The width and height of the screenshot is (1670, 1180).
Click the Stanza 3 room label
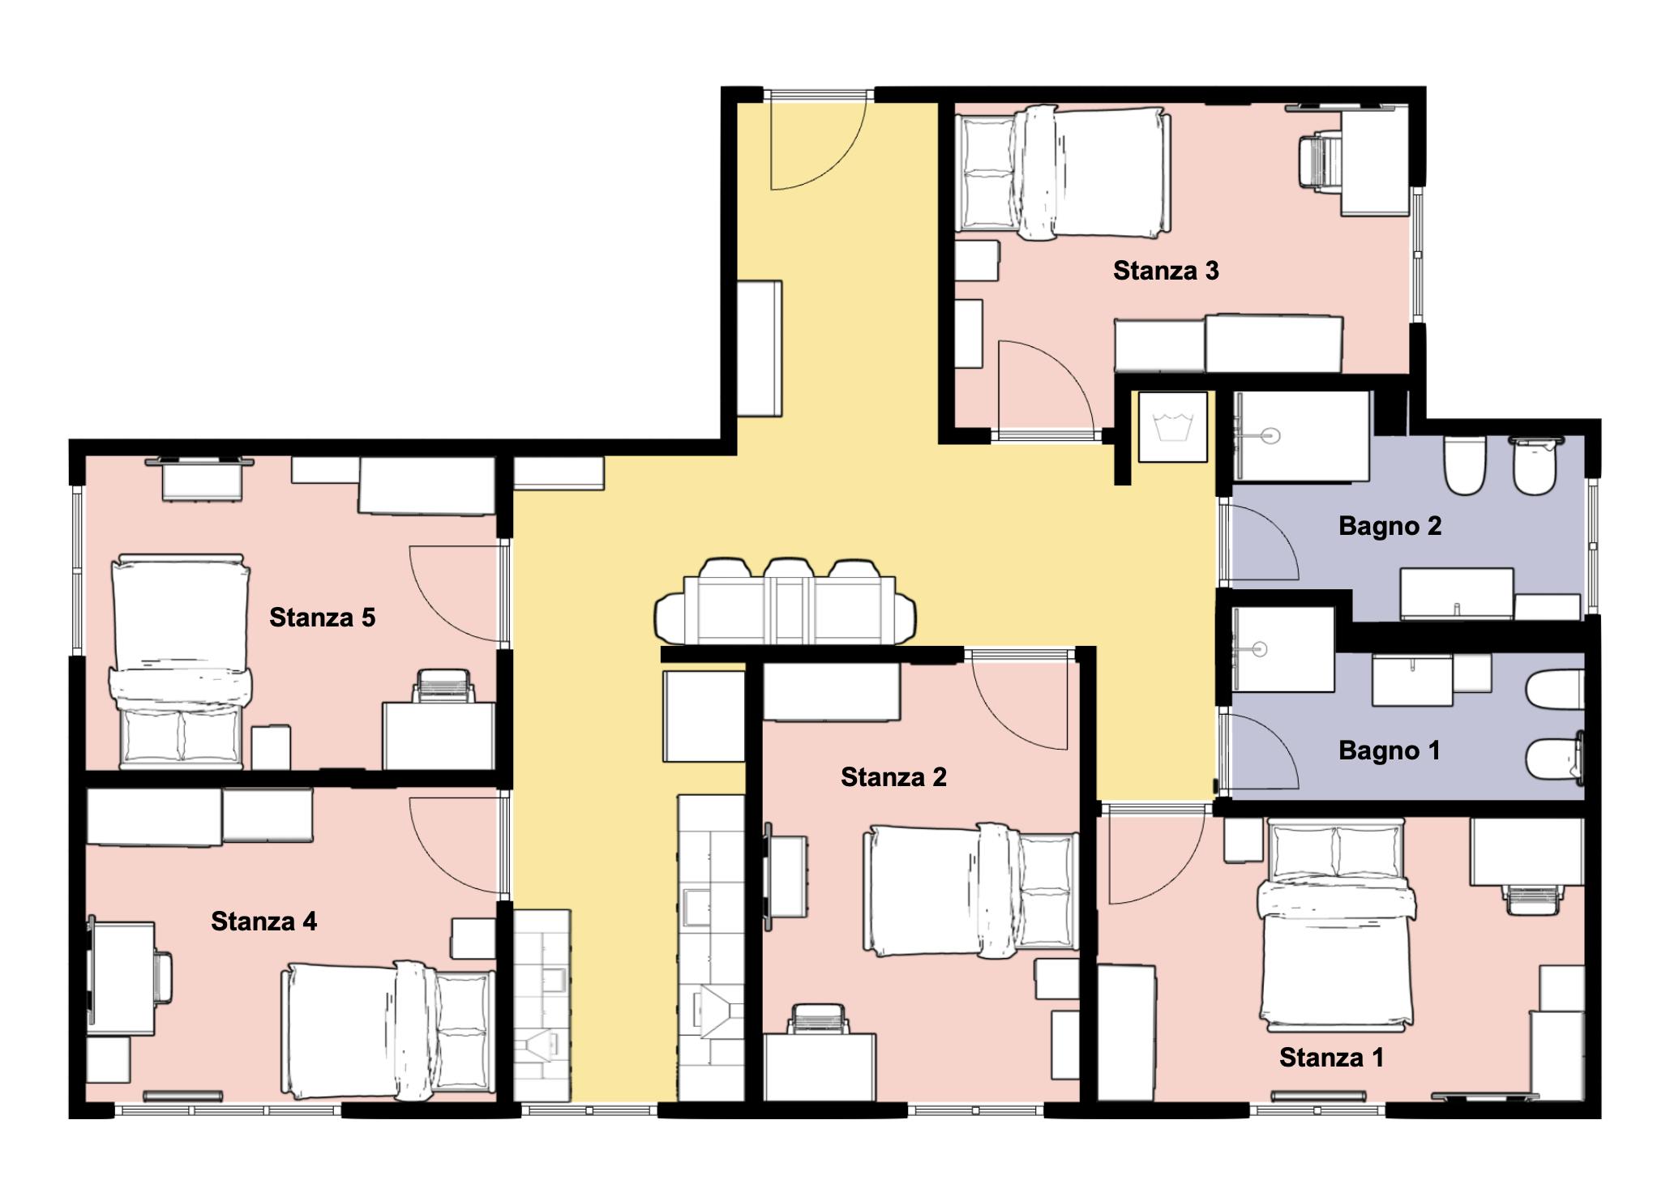point(1165,271)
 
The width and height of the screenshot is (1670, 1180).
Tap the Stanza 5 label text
point(322,618)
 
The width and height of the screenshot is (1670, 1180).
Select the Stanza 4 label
point(263,921)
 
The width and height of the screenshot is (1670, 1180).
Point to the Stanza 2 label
point(893,777)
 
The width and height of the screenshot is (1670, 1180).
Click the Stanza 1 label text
point(1331,1058)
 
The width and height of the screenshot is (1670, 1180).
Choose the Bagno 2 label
point(1390,526)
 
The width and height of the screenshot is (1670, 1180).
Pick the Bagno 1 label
point(1389,750)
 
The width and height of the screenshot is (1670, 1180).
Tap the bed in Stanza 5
point(180,661)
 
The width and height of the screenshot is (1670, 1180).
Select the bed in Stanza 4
point(388,1031)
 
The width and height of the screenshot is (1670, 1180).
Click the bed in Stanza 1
point(1335,926)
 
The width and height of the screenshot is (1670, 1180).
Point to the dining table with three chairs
point(785,602)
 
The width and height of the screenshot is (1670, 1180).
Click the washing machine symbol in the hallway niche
point(1173,427)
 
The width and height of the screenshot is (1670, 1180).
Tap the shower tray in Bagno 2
point(1300,436)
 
